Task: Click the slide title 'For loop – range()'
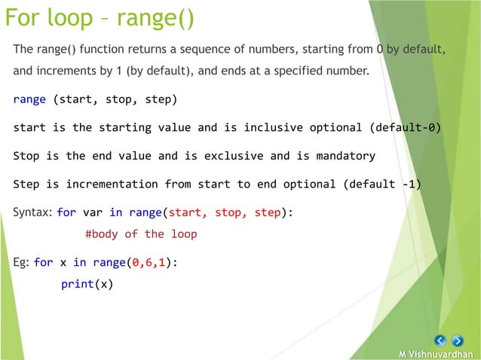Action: [100, 17]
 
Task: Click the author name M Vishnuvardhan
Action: [436, 354]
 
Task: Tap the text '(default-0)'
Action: [404, 127]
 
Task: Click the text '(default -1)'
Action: [381, 184]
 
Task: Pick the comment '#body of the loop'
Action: [141, 234]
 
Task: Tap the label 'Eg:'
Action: [21, 262]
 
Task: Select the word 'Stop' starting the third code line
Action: [26, 156]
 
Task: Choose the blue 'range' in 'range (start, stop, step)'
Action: [29, 99]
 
